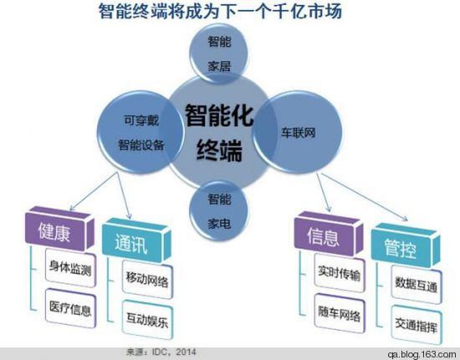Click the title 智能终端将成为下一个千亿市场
[x=220, y=12]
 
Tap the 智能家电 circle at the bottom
[x=219, y=211]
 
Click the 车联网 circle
[x=298, y=132]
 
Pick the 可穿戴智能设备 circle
[x=141, y=132]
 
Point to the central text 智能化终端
[x=219, y=132]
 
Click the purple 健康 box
[x=59, y=229]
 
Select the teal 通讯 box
[x=136, y=240]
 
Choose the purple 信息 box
[x=329, y=234]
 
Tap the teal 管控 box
[x=406, y=245]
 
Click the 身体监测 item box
[x=70, y=268]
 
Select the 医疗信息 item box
[x=70, y=308]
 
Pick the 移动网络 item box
[x=147, y=280]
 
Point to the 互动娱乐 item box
[x=147, y=320]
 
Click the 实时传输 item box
[x=340, y=273]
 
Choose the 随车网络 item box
[x=340, y=313]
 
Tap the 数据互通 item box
[x=417, y=285]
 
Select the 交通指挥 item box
[x=417, y=325]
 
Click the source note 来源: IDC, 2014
[x=161, y=352]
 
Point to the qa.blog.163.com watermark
[x=422, y=354]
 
